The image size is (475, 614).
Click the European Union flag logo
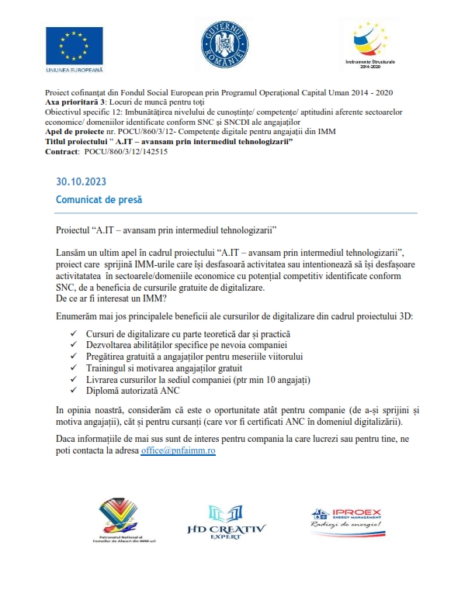75,46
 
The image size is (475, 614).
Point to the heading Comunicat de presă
99,199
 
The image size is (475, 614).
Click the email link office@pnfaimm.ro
179,450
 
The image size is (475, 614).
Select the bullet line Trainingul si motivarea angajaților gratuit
171,368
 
